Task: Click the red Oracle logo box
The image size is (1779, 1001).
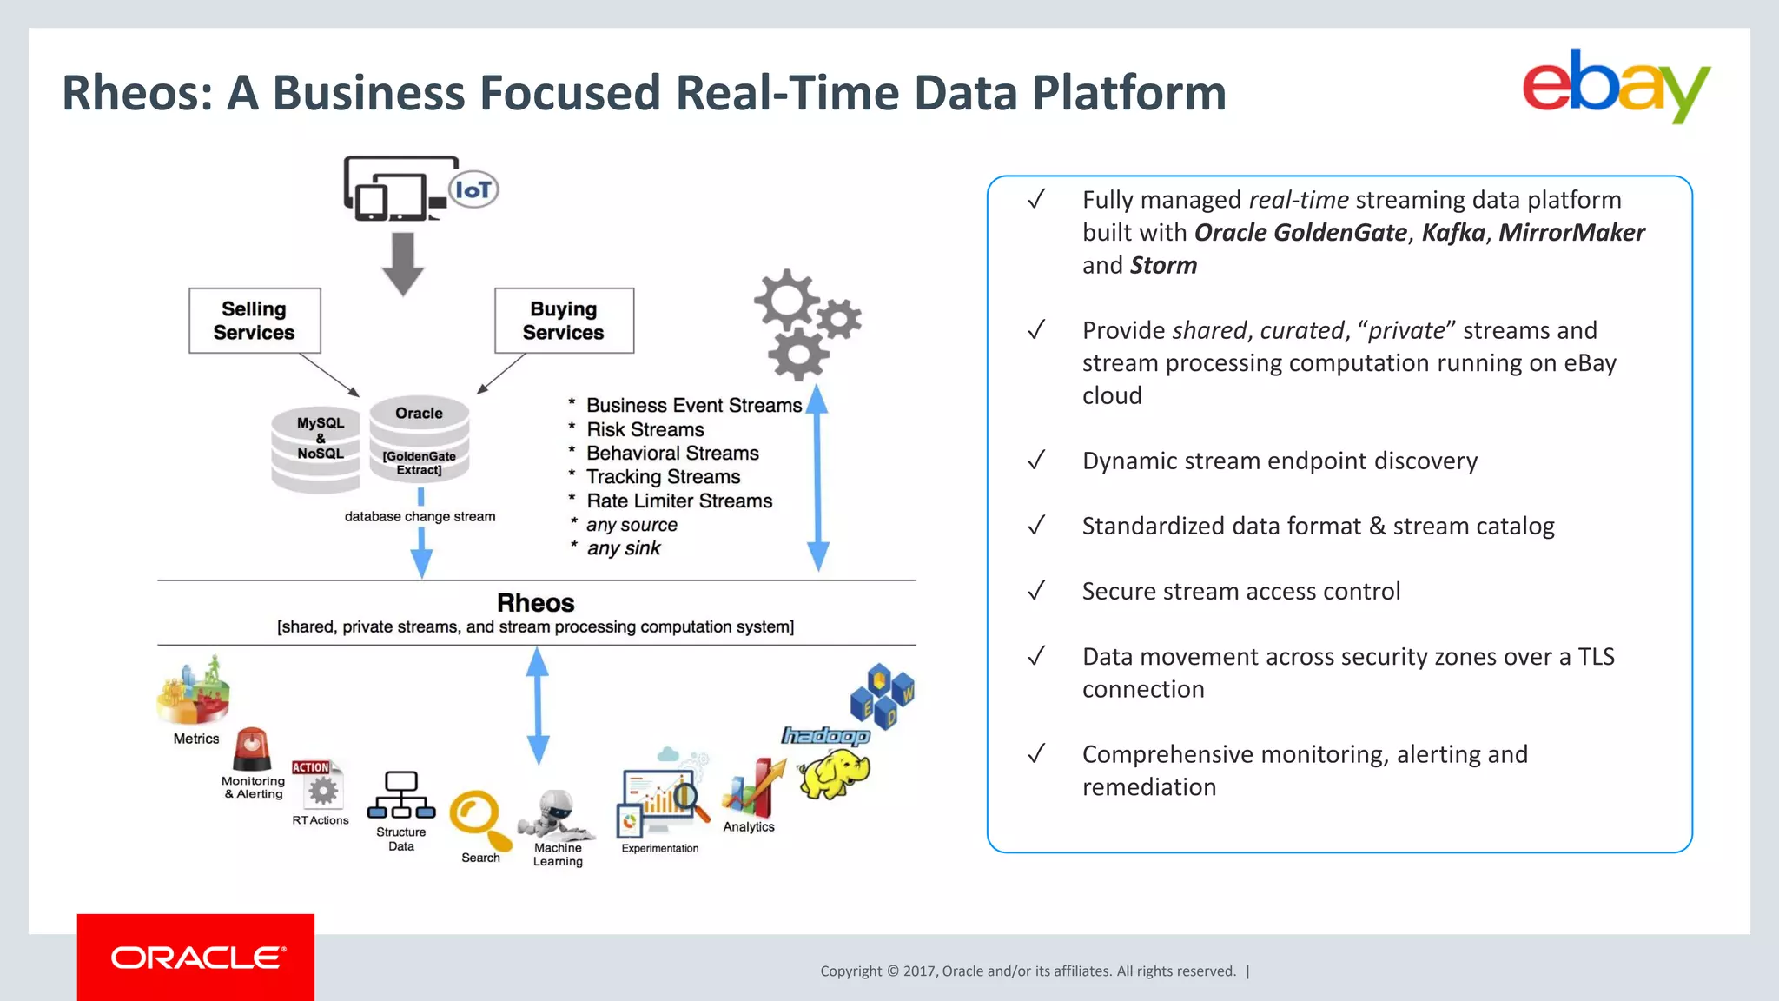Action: pyautogui.click(x=195, y=957)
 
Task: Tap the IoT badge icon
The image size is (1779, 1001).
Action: pyautogui.click(x=473, y=189)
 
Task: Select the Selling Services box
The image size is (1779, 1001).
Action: pyautogui.click(x=255, y=321)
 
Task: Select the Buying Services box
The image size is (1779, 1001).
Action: pyautogui.click(x=564, y=321)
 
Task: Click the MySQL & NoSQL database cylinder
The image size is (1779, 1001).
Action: pyautogui.click(x=317, y=447)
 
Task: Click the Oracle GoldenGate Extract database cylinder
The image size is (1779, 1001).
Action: pyautogui.click(x=420, y=440)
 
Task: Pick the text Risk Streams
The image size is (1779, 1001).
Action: pyautogui.click(x=645, y=429)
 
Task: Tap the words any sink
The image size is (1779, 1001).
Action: pyautogui.click(x=624, y=548)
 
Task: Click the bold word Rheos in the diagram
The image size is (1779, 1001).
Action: pyautogui.click(x=535, y=602)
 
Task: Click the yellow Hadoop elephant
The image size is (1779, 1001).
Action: pyautogui.click(x=833, y=772)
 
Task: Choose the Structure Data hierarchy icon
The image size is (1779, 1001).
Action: pyautogui.click(x=400, y=795)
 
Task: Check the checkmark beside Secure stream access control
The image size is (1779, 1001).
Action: pyautogui.click(x=1035, y=591)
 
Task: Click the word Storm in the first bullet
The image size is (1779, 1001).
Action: pyautogui.click(x=1164, y=266)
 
